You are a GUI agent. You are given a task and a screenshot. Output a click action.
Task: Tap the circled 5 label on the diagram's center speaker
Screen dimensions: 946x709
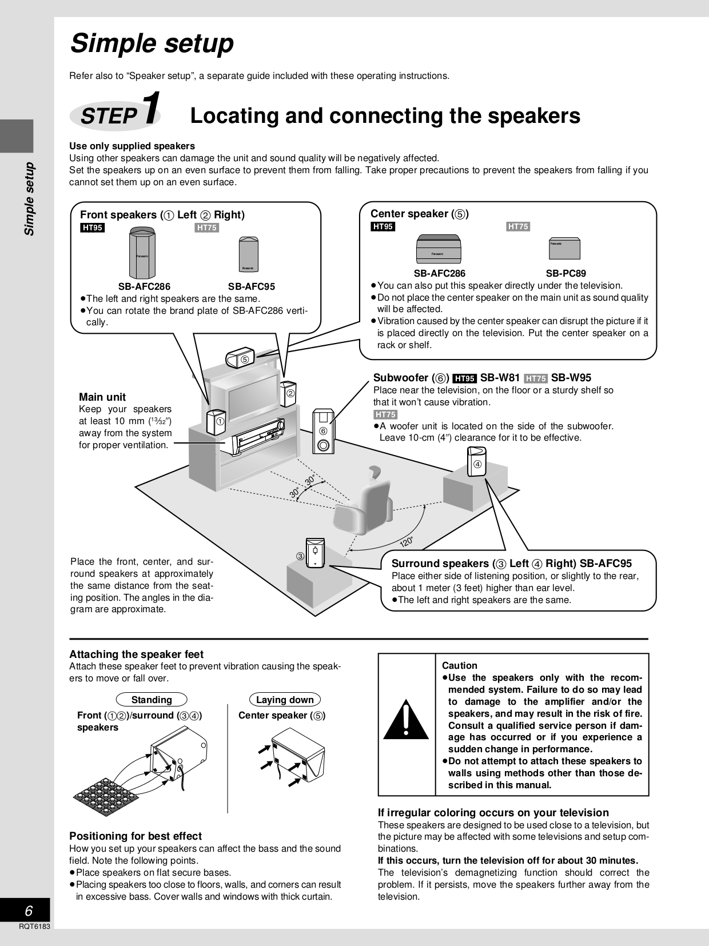[244, 360]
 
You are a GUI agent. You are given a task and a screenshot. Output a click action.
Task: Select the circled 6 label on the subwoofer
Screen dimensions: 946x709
[323, 431]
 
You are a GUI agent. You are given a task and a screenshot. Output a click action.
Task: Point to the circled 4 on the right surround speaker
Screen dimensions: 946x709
[477, 464]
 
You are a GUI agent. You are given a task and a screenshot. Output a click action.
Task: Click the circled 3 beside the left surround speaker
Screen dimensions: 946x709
[300, 556]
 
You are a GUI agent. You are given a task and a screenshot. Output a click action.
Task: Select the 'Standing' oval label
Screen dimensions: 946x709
[152, 700]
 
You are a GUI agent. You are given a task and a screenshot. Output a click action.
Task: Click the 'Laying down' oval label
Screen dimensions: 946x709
[285, 700]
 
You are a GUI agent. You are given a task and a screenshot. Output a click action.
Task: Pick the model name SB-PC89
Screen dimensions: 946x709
[565, 273]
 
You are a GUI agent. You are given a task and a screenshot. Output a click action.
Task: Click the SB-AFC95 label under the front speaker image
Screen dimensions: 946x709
[251, 286]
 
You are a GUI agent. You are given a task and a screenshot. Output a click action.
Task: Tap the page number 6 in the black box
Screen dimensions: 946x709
[29, 911]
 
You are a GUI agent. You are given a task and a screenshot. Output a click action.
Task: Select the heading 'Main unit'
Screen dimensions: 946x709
[102, 397]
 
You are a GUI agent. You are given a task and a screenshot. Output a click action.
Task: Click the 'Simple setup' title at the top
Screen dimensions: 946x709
[152, 43]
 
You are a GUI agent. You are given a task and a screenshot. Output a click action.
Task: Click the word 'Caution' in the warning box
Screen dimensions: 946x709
[459, 665]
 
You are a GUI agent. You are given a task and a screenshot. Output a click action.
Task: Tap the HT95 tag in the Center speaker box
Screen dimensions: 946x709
[383, 227]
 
